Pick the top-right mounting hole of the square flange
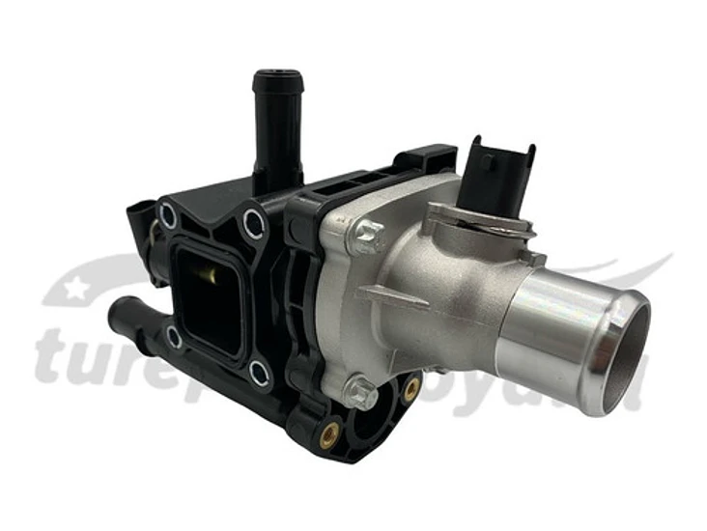click(254, 225)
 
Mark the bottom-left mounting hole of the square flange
click(173, 337)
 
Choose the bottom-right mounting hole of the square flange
click(259, 372)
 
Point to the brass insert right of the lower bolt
click(411, 389)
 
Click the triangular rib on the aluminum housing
click(396, 295)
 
